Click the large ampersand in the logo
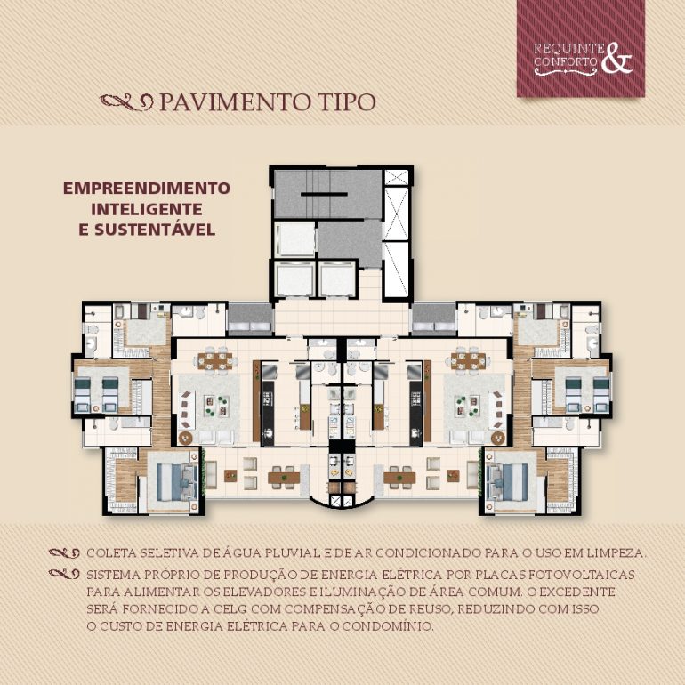(616, 59)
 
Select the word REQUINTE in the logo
(568, 48)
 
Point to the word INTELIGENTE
(147, 209)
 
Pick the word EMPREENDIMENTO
(147, 189)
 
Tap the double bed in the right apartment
(509, 482)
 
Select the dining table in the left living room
(214, 361)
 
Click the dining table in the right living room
(468, 361)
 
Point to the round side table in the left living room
(186, 438)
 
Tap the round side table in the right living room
(497, 438)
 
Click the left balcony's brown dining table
(284, 478)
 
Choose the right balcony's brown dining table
(399, 478)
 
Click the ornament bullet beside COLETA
(64, 553)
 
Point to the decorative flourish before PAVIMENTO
(127, 102)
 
